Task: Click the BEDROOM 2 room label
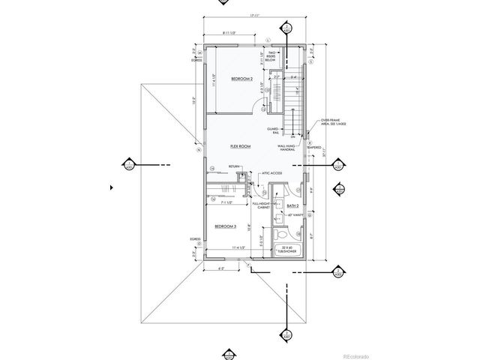coord(241,79)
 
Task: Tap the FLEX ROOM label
coord(240,147)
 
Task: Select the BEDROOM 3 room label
coord(226,226)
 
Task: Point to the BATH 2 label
coord(293,205)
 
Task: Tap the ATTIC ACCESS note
coord(271,174)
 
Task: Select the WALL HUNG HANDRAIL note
coord(289,148)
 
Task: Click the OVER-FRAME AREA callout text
coord(330,123)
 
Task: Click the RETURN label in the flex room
coord(235,166)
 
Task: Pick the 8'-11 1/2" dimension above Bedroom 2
coord(235,33)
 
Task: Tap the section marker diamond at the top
coord(286,28)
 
